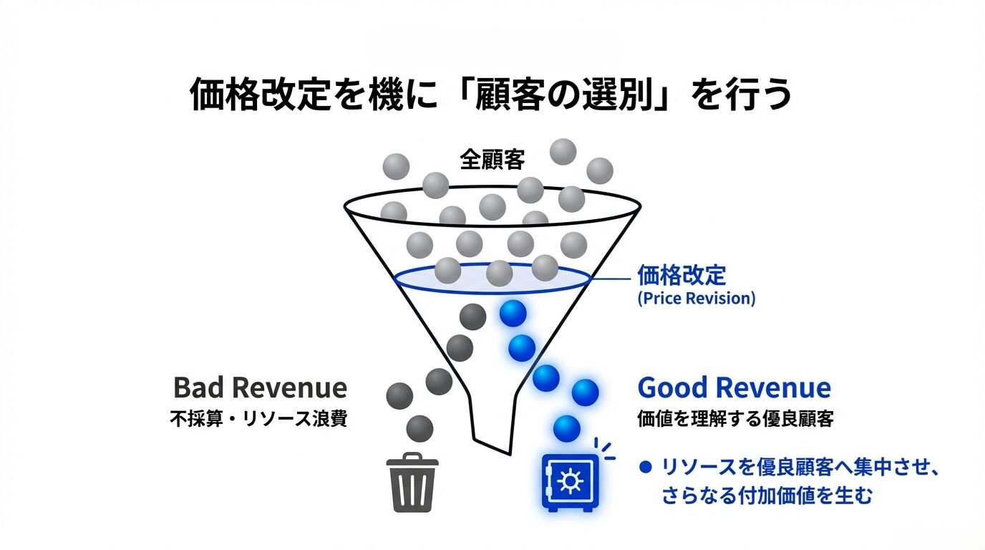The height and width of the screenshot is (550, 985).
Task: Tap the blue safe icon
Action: click(x=570, y=481)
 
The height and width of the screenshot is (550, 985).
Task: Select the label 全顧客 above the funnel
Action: click(x=492, y=160)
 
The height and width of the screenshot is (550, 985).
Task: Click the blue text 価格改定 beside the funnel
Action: click(x=681, y=275)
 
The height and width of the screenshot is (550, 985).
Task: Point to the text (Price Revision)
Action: click(x=696, y=299)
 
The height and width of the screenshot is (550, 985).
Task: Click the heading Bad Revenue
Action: click(x=260, y=388)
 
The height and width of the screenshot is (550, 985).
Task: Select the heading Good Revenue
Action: click(x=734, y=388)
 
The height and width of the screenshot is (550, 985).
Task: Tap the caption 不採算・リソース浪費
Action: click(x=258, y=420)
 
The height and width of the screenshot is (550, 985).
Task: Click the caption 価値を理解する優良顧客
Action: click(x=735, y=420)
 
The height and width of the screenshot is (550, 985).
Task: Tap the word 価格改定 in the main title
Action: click(x=252, y=95)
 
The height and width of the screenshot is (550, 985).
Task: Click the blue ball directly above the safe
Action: click(x=566, y=428)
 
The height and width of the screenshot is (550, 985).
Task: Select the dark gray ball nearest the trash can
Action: click(x=419, y=428)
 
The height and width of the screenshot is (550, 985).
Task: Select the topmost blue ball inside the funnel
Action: click(x=513, y=313)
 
